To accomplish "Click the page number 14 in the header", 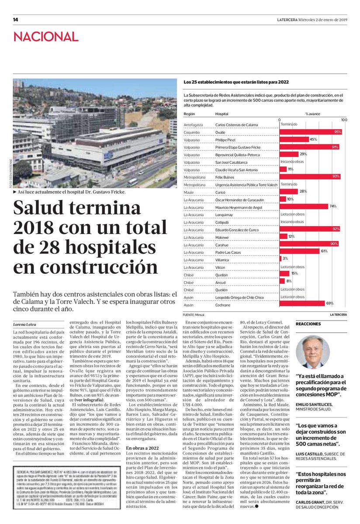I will pyautogui.click(x=15, y=20).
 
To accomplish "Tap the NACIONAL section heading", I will pyautogui.click(x=45, y=37).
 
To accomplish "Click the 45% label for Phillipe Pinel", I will pyautogui.click(x=313, y=139).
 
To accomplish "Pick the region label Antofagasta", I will pyautogui.click(x=193, y=124).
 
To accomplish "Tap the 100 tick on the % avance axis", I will pyautogui.click(x=344, y=120).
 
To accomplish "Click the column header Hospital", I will pyautogui.click(x=222, y=114).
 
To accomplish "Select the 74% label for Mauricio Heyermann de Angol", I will pyautogui.click(x=332, y=206).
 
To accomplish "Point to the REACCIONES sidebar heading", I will pyautogui.click(x=308, y=324).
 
